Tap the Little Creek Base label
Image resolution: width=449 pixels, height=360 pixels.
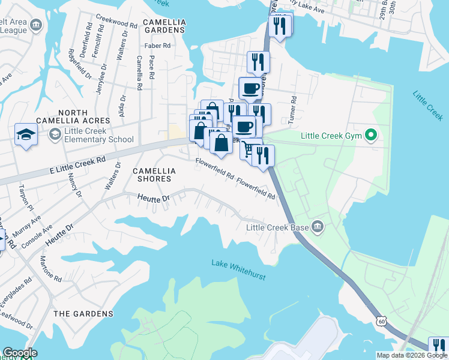278,227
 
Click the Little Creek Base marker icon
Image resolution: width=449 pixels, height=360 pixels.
318,227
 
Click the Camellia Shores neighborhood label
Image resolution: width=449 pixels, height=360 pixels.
154,175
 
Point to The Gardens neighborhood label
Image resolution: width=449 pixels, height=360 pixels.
83,314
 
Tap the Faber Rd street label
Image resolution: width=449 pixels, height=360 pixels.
158,46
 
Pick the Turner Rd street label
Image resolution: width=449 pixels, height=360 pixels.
294,110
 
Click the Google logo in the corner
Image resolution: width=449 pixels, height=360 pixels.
20,353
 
